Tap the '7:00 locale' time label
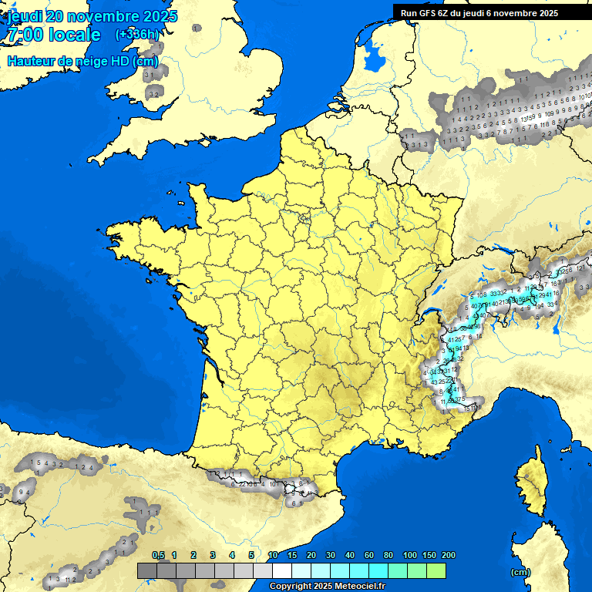pyautogui.click(x=53, y=35)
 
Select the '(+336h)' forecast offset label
pyautogui.click(x=136, y=35)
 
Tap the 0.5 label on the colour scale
pyautogui.click(x=159, y=555)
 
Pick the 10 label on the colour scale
pyautogui.click(x=273, y=555)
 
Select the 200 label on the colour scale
pyautogui.click(x=448, y=555)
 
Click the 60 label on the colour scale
pyautogui.click(x=369, y=555)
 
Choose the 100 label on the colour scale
pyautogui.click(x=410, y=555)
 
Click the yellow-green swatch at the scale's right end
pyautogui.click(x=436, y=570)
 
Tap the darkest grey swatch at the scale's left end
pyautogui.click(x=146, y=570)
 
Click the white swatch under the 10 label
pyautogui.click(x=282, y=570)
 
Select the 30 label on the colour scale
pyautogui.click(x=331, y=555)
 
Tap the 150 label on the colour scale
pyautogui.click(x=429, y=555)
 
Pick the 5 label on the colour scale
pyautogui.click(x=251, y=555)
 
